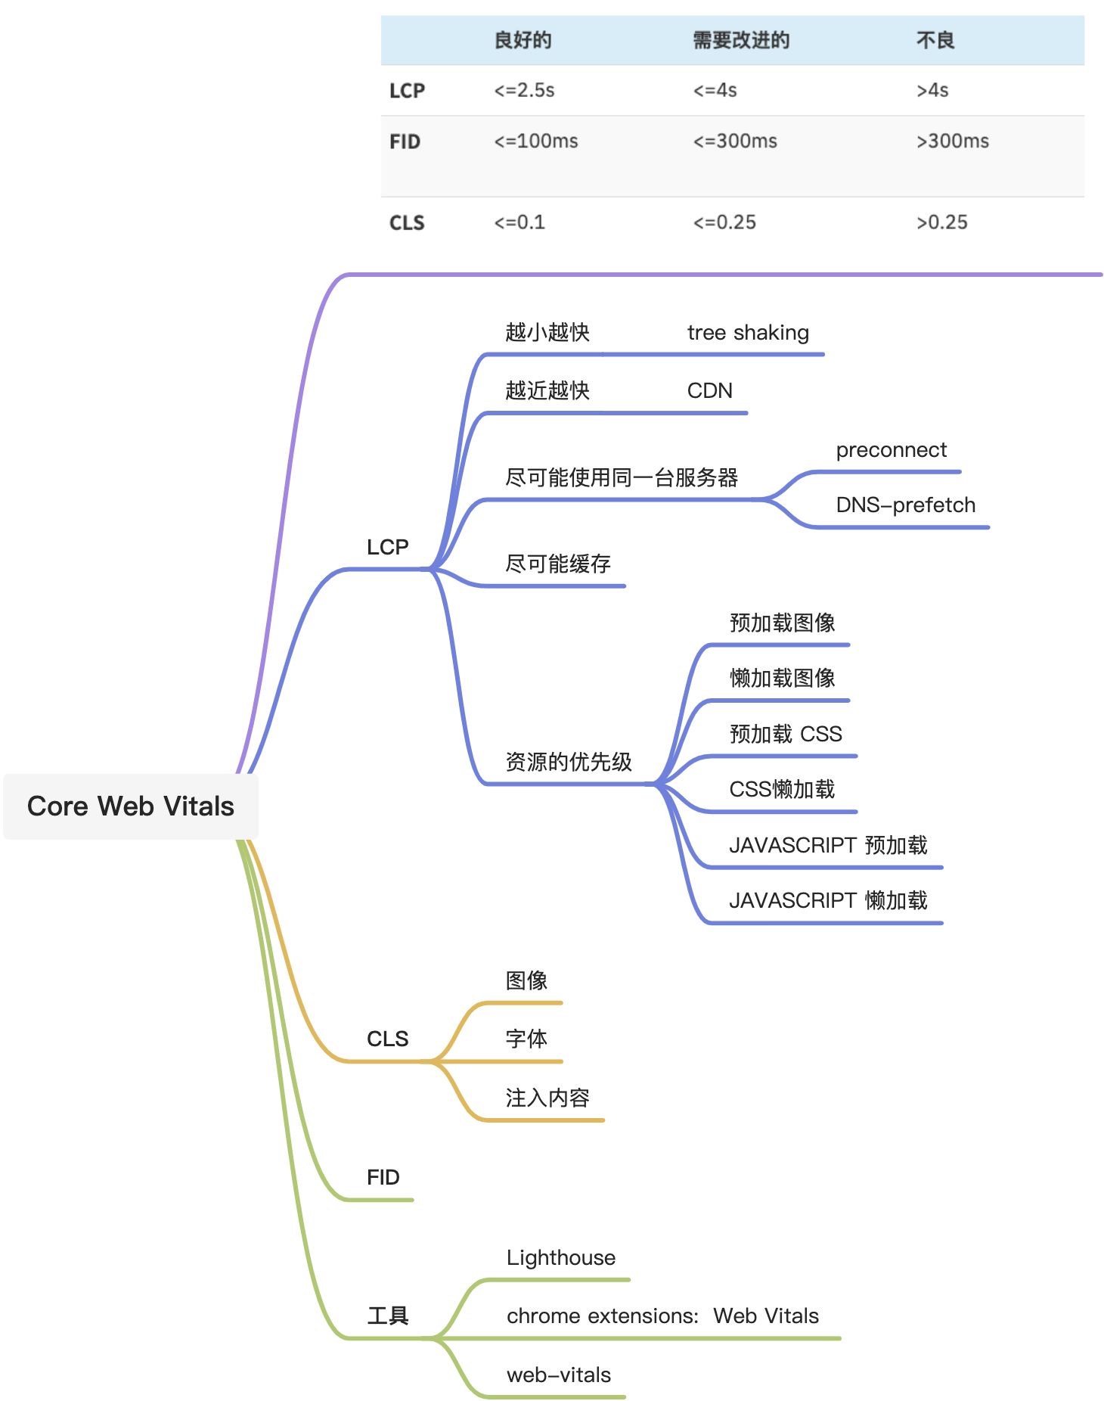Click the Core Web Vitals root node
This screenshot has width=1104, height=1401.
(x=131, y=806)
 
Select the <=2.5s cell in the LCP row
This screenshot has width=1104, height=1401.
(x=524, y=91)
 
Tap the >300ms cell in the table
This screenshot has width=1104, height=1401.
(x=952, y=141)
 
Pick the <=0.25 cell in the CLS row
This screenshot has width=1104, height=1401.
(x=724, y=222)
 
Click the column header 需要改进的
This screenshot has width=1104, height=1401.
(x=741, y=40)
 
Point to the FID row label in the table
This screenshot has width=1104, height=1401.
(x=405, y=141)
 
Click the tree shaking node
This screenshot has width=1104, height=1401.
(x=748, y=333)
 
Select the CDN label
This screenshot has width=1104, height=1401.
(x=709, y=391)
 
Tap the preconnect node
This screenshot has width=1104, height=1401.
(x=891, y=450)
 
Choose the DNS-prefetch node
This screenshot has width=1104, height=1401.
(x=905, y=505)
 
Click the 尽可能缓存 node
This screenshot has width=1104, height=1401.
(x=558, y=564)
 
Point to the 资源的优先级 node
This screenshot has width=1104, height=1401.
(x=569, y=762)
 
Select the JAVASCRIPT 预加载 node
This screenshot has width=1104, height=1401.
(x=828, y=845)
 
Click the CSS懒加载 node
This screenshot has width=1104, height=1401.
(x=782, y=790)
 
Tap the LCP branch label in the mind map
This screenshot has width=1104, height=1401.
(x=387, y=547)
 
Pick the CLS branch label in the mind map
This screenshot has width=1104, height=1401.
(x=387, y=1039)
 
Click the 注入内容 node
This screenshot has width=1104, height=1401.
(x=547, y=1098)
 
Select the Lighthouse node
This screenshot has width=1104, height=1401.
(x=561, y=1258)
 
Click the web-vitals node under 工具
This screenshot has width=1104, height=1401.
(x=559, y=1375)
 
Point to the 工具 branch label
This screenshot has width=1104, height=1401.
(x=387, y=1316)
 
